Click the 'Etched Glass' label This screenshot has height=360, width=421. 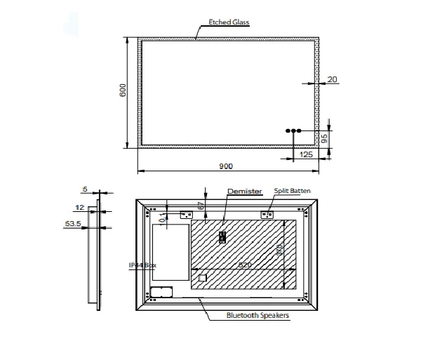[225, 22]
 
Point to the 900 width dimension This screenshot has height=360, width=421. [226, 166]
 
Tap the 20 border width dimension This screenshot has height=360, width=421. [333, 80]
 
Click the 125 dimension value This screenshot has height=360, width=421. [306, 154]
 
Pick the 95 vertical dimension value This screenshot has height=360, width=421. [325, 138]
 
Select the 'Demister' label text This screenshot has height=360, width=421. [244, 191]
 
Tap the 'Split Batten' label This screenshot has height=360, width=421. [292, 191]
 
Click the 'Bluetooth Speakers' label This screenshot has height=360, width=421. [258, 315]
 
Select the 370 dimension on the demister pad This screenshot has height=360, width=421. [279, 251]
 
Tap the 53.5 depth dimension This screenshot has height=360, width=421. [72, 224]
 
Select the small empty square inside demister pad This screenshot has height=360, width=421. [203, 278]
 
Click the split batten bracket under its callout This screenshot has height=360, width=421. [267, 214]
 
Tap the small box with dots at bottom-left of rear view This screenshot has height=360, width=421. [161, 292]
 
